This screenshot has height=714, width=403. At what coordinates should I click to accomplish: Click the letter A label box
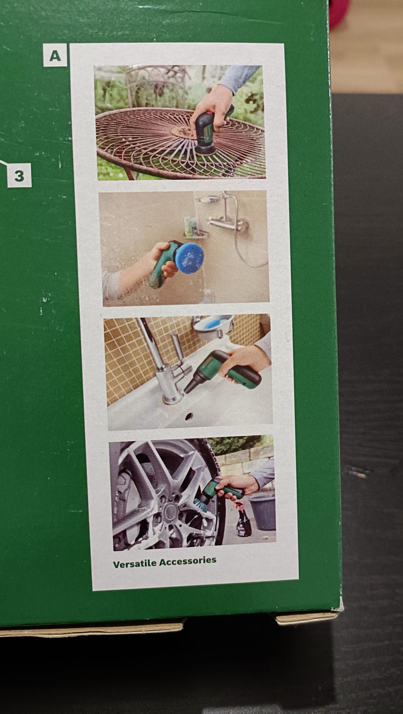(55, 55)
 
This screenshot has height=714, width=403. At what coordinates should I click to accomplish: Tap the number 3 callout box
(19, 175)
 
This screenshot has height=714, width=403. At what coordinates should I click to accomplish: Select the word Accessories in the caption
(188, 561)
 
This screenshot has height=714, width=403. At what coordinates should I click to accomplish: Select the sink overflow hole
(189, 416)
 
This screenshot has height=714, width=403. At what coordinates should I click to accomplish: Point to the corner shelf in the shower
(195, 235)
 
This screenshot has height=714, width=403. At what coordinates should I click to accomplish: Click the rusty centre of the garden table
(184, 131)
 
